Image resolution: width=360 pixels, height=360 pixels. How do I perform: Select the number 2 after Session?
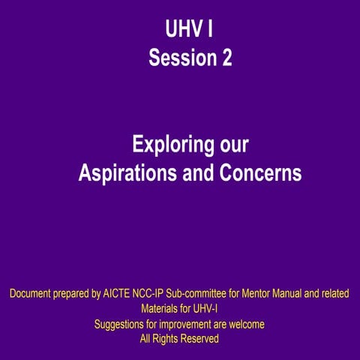[x=226, y=58]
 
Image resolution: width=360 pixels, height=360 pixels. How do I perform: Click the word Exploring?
[x=168, y=144]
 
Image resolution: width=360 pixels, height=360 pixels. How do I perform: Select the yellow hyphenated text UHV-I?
[x=206, y=308]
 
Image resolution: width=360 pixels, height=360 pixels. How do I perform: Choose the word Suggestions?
[x=121, y=324]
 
